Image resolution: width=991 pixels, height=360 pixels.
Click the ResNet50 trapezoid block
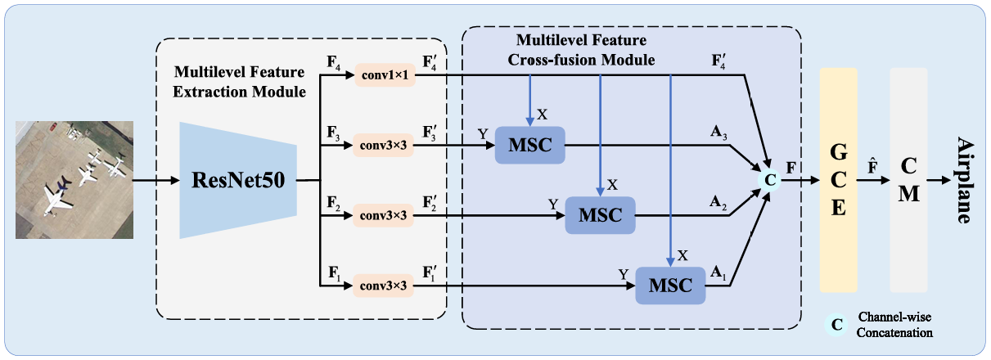click(x=237, y=180)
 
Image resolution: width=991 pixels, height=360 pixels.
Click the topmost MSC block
click(x=530, y=146)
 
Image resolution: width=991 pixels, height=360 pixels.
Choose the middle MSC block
click(x=600, y=216)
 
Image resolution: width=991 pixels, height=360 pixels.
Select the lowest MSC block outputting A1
click(x=670, y=286)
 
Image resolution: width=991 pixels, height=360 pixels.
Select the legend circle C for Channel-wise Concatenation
click(x=836, y=324)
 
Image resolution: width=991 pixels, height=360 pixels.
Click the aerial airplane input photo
click(x=74, y=180)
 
